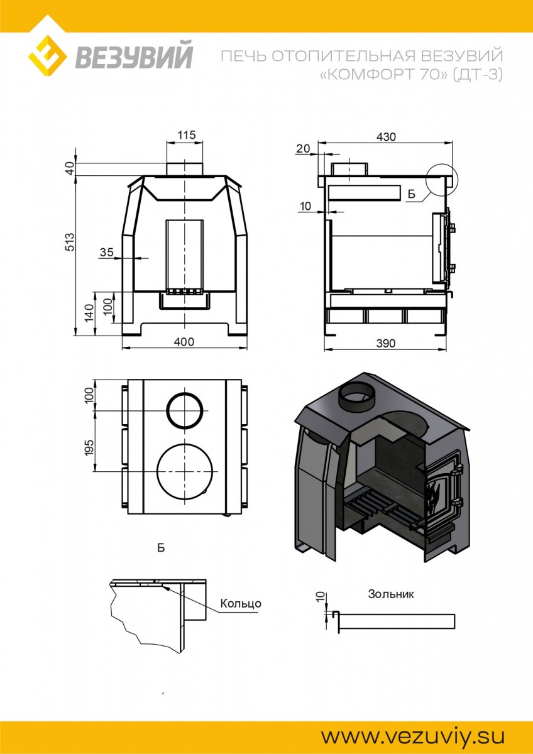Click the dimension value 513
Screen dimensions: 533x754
(x=70, y=242)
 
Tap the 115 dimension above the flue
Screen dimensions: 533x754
(x=187, y=135)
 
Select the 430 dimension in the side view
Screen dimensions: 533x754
(x=387, y=137)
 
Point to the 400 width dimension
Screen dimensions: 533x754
(x=184, y=342)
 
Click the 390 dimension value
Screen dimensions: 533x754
(x=385, y=343)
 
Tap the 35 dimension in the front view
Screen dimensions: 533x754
(x=107, y=252)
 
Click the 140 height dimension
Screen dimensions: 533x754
(x=89, y=313)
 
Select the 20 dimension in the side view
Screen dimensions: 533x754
(x=303, y=148)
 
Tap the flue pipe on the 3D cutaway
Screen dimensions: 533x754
(x=358, y=396)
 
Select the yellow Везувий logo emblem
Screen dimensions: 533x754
(x=47, y=55)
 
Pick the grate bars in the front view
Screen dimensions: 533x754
(x=185, y=292)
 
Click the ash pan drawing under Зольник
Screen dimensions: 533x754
(x=393, y=621)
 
